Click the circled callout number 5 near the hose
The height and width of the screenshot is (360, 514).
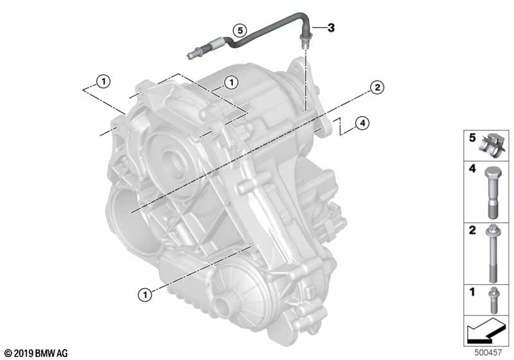click(x=240, y=30)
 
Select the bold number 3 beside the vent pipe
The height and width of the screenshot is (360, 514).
click(x=331, y=28)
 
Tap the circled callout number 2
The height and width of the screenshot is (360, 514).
click(x=377, y=87)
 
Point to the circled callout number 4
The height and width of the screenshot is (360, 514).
click(x=362, y=123)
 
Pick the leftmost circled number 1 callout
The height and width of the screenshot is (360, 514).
click(x=103, y=81)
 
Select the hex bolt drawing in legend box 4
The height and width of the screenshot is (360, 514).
click(x=492, y=193)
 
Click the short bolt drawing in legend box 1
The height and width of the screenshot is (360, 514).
click(x=492, y=300)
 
